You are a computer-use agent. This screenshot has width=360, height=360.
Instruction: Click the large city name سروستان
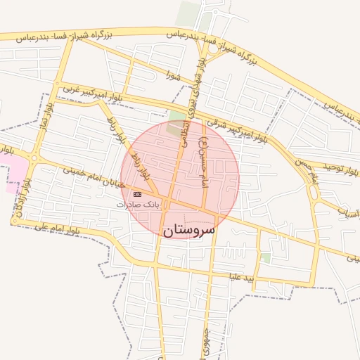pos(189,229)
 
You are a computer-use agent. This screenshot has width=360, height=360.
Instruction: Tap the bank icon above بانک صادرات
pos(137,194)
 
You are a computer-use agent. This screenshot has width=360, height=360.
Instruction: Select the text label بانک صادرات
pos(139,204)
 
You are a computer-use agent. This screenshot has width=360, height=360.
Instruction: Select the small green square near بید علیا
pos(265,258)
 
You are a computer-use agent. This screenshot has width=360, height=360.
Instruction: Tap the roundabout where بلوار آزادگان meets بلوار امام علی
pos(14,221)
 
